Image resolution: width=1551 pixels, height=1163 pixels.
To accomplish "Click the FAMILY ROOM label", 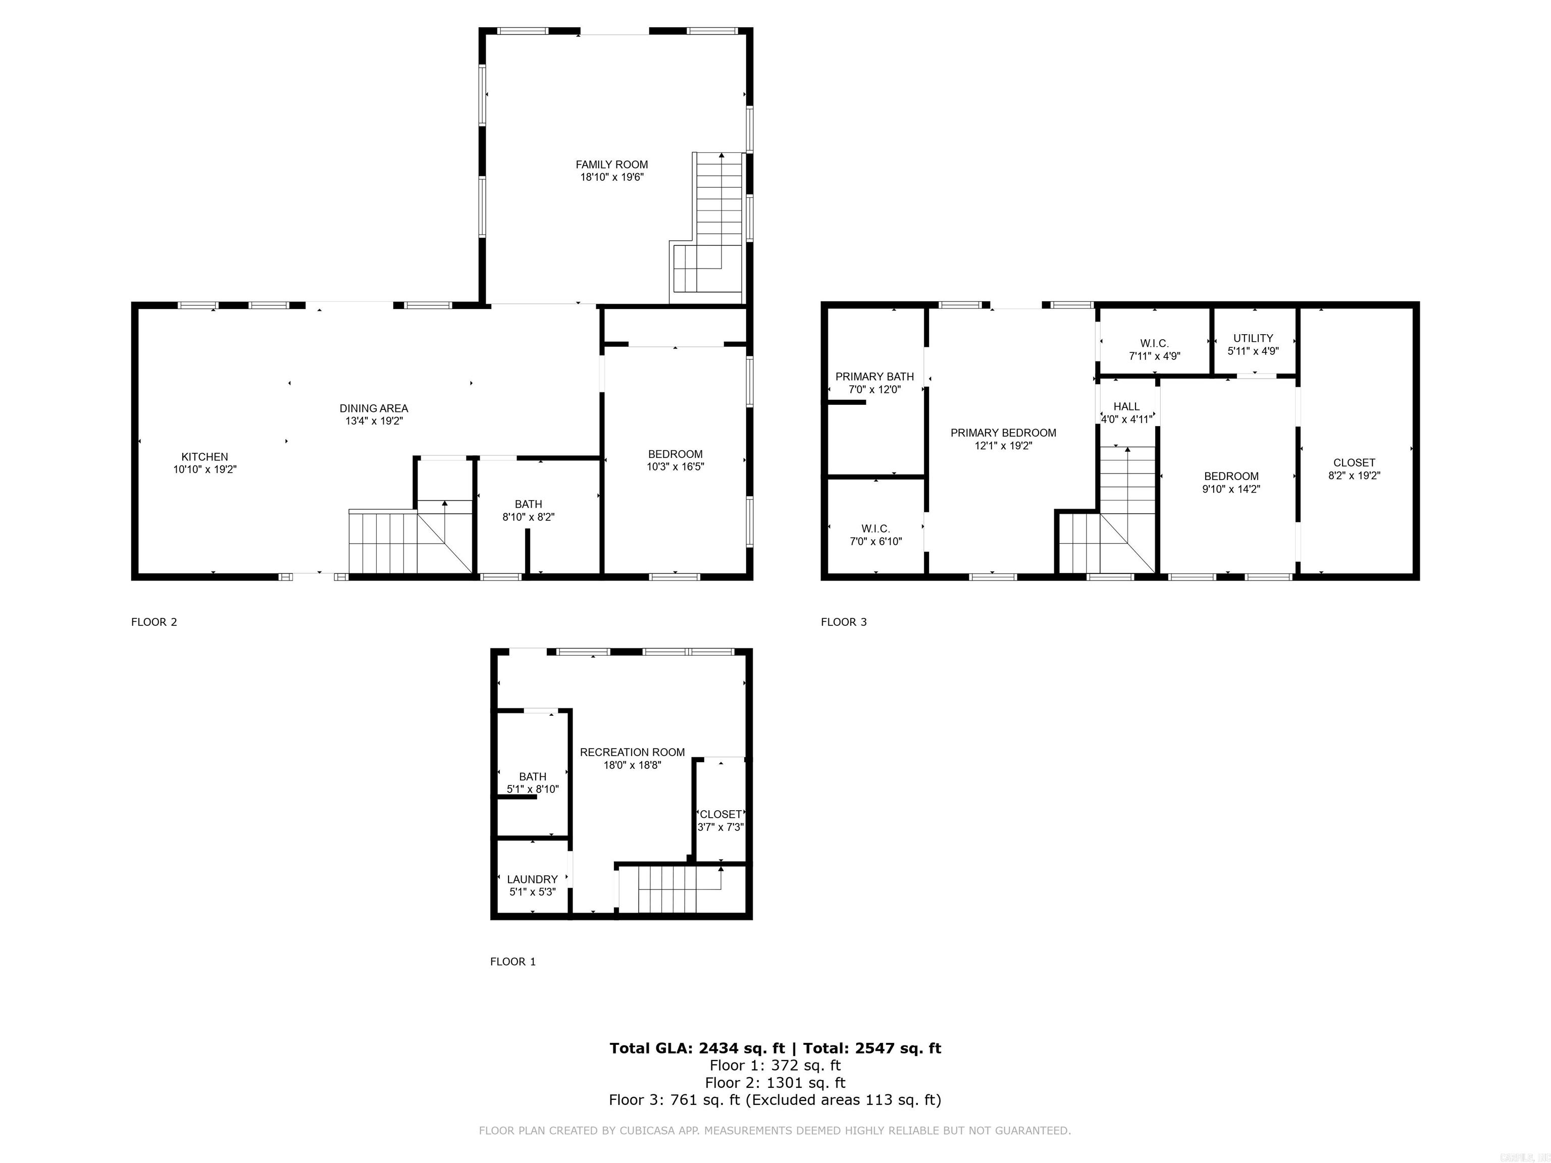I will (611, 165).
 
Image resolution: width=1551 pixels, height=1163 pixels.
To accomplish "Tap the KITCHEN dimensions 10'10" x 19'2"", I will (205, 469).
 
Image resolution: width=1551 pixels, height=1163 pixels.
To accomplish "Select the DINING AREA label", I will (374, 408).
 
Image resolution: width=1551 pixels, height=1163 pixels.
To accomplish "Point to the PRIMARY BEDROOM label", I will (1003, 433).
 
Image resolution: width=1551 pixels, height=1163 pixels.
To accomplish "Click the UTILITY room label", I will (1253, 338).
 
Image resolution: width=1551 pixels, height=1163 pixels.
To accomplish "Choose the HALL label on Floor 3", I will (1126, 406).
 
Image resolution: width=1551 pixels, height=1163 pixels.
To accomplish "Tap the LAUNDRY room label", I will (532, 879).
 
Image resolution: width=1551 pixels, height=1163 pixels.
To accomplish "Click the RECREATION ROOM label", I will (632, 752).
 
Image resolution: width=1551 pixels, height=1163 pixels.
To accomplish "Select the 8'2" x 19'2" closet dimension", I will (1354, 475).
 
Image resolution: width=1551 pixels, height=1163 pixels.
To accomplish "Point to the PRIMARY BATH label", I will (874, 377).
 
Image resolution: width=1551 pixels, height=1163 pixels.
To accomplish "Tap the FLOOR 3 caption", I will (844, 622).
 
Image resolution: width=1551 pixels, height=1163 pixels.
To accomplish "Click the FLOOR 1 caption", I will (512, 961).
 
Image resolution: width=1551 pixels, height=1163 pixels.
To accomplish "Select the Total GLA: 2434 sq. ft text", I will (697, 1048).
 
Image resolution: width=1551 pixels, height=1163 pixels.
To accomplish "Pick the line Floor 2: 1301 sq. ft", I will (775, 1082).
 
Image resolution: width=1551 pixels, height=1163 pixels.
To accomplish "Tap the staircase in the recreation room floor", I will (673, 889).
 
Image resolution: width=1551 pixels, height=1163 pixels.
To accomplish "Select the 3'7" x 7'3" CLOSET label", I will (720, 814).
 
